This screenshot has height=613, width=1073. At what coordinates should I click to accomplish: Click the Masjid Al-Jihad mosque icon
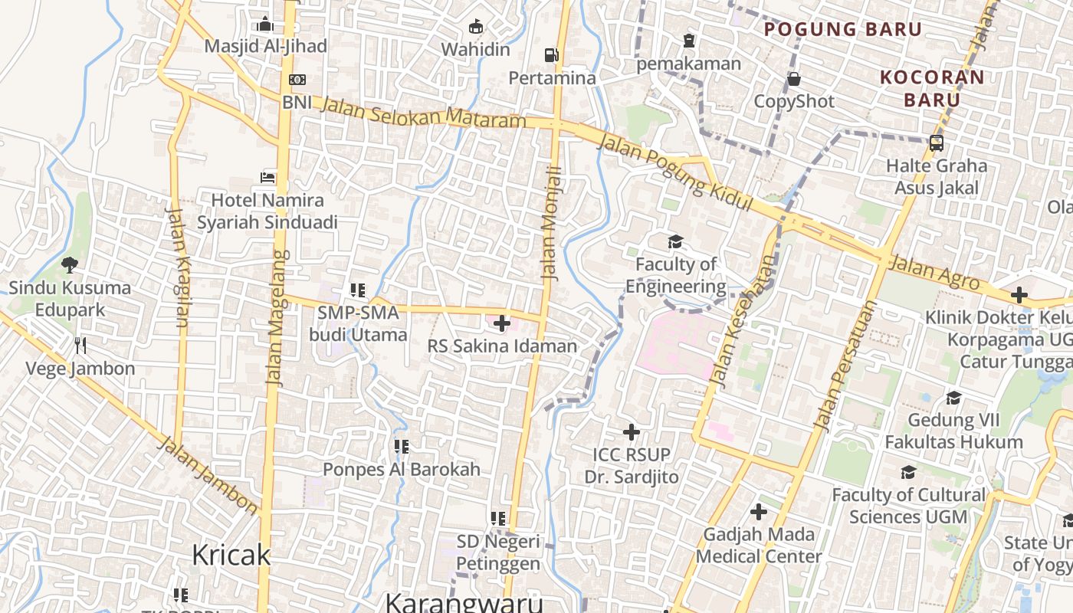(x=265, y=25)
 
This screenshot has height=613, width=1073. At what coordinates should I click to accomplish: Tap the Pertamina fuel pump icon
(x=551, y=55)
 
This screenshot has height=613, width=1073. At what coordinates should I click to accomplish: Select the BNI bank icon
(x=297, y=80)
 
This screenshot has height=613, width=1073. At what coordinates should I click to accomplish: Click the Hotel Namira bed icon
(x=267, y=178)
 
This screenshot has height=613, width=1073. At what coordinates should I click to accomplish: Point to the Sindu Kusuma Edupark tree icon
(x=70, y=265)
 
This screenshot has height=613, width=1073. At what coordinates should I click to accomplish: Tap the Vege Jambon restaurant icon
(x=80, y=346)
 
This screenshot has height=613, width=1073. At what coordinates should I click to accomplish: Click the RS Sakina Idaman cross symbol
(x=502, y=323)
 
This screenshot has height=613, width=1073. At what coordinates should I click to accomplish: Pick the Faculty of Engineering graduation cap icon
(x=675, y=242)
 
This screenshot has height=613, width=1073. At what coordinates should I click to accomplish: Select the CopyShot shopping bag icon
(x=794, y=79)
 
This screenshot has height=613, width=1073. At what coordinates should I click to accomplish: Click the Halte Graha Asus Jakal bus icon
(x=936, y=143)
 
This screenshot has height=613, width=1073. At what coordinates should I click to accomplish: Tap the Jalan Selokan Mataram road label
(x=423, y=113)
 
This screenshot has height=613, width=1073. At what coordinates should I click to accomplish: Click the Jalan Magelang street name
(x=279, y=316)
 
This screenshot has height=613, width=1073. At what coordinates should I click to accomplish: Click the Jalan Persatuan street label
(x=844, y=366)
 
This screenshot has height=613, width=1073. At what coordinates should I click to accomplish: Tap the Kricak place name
(x=231, y=554)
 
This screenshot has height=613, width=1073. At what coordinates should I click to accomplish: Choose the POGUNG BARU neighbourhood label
(x=843, y=29)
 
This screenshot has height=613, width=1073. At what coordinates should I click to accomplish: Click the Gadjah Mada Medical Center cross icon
(x=759, y=512)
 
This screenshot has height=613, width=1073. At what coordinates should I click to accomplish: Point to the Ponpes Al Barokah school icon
(x=401, y=446)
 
